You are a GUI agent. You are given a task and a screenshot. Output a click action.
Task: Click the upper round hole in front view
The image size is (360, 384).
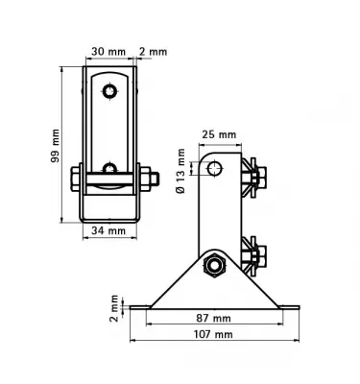[111, 90]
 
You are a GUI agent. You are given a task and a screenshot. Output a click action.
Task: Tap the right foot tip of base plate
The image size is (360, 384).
[295, 308]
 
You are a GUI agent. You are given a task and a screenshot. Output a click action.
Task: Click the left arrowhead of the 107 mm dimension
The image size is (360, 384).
[135, 324]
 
